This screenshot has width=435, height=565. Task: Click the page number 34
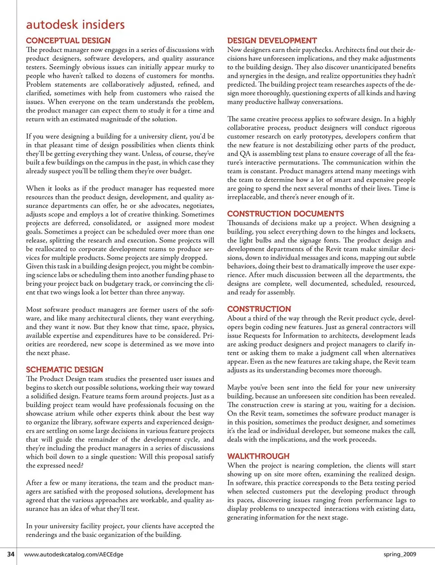tap(11, 554)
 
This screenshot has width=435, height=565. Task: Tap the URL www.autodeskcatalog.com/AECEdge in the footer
tap(74, 554)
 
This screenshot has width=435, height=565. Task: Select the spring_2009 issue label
tap(400, 554)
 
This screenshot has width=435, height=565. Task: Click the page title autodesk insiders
tap(75, 24)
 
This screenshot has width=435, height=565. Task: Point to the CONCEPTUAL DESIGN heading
tap(68, 40)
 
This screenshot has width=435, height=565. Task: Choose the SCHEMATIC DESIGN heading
tap(64, 369)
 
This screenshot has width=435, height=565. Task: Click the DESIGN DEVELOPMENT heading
tap(272, 40)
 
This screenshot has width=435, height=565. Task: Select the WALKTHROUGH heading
tap(258, 456)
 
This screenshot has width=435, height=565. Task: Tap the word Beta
tap(367, 483)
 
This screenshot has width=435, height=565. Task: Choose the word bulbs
tap(262, 240)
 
